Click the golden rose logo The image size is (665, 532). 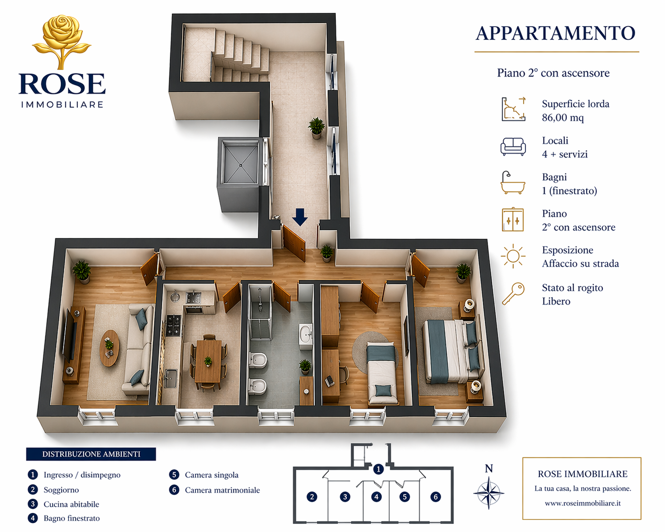[x=62, y=42]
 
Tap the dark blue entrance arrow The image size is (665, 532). [x=300, y=217]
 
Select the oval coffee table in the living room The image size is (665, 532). [x=109, y=348]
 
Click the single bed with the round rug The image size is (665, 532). [x=382, y=372]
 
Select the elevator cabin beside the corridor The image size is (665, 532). [x=240, y=162]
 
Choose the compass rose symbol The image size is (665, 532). [x=489, y=493]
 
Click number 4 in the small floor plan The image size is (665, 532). [x=376, y=497]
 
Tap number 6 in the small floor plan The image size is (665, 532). [x=436, y=497]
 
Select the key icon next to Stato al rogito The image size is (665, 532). [x=513, y=294]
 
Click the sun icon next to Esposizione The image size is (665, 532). [x=513, y=256]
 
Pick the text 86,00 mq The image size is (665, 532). [x=563, y=118]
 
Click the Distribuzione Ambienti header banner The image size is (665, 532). [x=91, y=454]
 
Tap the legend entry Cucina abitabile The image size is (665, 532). [x=71, y=504]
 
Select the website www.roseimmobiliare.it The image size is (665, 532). [x=582, y=503]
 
